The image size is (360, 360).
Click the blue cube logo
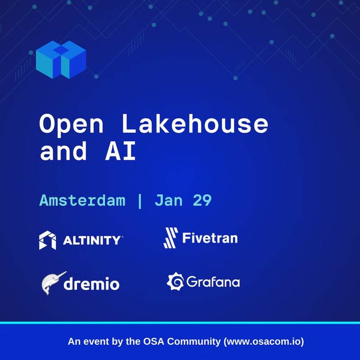pos(60,60)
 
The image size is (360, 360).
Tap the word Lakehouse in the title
pos(195,124)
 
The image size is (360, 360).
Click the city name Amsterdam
pos(82,200)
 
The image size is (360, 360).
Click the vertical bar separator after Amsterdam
pos(140,200)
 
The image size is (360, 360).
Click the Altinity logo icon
pos(48,240)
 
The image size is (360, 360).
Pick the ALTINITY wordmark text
pos(91,240)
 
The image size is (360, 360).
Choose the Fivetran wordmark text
pos(210,237)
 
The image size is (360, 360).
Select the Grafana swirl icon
pos(175,282)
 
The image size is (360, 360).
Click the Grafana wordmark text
pos(212,282)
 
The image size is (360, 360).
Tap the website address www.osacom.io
pos(264,342)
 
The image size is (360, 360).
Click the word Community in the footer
pos(196,342)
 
